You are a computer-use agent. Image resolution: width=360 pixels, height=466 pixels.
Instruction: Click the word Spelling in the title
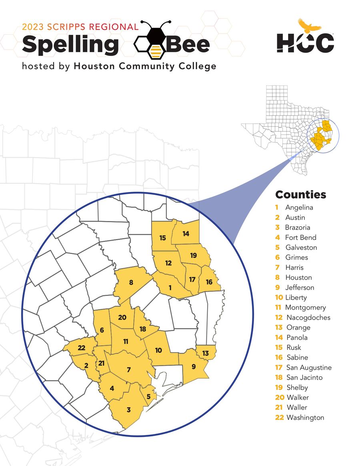(x=70, y=44)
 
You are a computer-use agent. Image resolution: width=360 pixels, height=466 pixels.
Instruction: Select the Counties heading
(x=300, y=195)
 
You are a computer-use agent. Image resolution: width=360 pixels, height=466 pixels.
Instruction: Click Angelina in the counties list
(x=299, y=208)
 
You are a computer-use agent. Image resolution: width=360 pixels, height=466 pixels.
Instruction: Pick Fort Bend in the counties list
(x=300, y=238)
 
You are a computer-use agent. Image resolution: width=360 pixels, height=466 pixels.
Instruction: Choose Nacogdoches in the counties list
(x=308, y=318)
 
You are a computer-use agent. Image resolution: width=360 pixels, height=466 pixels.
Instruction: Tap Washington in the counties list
(x=305, y=418)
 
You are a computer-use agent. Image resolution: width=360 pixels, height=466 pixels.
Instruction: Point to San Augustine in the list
(x=309, y=368)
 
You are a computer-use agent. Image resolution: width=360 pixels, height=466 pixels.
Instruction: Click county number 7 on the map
(x=128, y=370)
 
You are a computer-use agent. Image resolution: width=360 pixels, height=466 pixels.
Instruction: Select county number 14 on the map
(x=186, y=234)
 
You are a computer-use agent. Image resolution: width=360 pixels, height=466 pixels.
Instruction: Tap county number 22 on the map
(x=82, y=348)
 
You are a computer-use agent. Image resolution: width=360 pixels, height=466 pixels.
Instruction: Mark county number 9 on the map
(x=194, y=366)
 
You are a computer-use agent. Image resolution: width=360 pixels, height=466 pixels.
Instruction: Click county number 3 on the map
(x=128, y=410)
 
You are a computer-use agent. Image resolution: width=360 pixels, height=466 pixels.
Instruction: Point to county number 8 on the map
(x=131, y=282)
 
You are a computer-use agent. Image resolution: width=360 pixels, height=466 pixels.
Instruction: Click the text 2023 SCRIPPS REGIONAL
(x=80, y=27)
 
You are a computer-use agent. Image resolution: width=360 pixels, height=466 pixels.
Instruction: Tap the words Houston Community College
(x=145, y=66)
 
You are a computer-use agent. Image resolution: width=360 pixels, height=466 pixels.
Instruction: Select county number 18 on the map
(x=142, y=329)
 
